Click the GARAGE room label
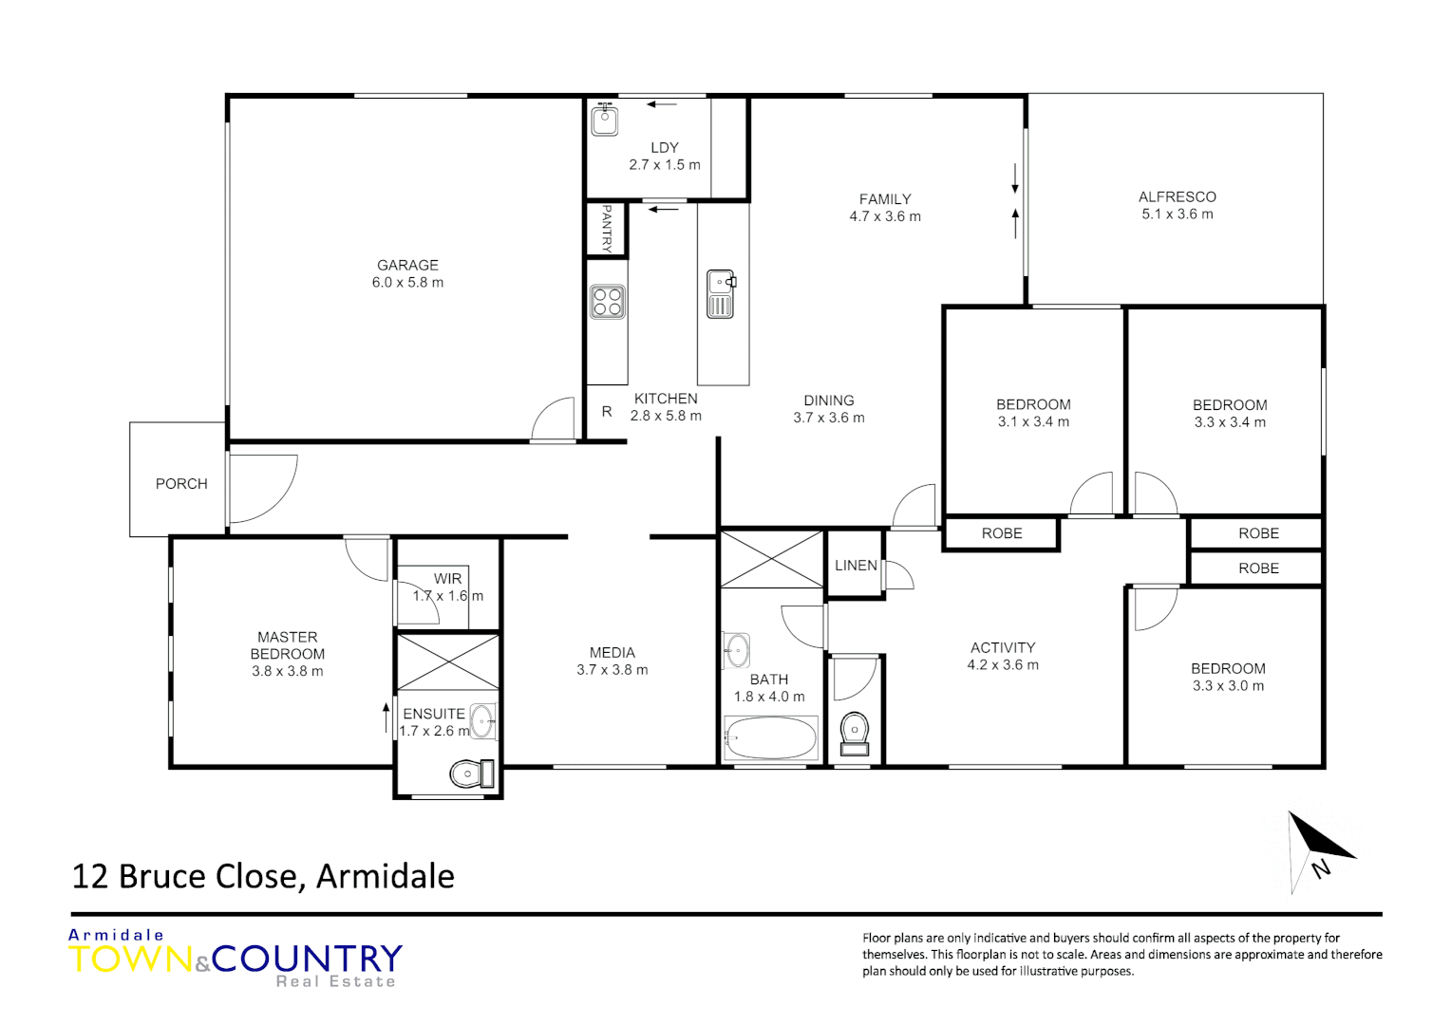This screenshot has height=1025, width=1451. pyautogui.click(x=407, y=266)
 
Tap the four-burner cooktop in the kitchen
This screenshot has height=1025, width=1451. pyautogui.click(x=607, y=302)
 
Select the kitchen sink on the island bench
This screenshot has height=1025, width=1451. pyautogui.click(x=721, y=293)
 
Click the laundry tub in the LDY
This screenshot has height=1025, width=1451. pyautogui.click(x=605, y=121)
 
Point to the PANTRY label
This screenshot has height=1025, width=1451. pyautogui.click(x=607, y=229)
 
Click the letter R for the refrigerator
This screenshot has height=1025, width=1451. pyautogui.click(x=607, y=412)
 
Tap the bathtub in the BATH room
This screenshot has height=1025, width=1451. pyautogui.click(x=770, y=738)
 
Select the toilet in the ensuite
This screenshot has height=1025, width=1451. pyautogui.click(x=471, y=774)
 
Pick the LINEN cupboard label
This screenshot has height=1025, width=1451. pyautogui.click(x=856, y=566)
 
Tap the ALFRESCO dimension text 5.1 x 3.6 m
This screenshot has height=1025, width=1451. pyautogui.click(x=1177, y=214)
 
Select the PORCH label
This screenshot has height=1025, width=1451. pyautogui.click(x=181, y=484)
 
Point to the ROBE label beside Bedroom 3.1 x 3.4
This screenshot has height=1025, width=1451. pyautogui.click(x=1002, y=533)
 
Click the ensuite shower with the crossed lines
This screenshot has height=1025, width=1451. pyautogui.click(x=447, y=662)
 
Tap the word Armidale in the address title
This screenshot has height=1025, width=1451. pyautogui.click(x=385, y=876)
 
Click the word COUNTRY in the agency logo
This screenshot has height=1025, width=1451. pyautogui.click(x=307, y=959)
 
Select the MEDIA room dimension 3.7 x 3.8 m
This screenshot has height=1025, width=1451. pyautogui.click(x=612, y=670)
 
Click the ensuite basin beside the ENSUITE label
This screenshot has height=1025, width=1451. pyautogui.click(x=482, y=721)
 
